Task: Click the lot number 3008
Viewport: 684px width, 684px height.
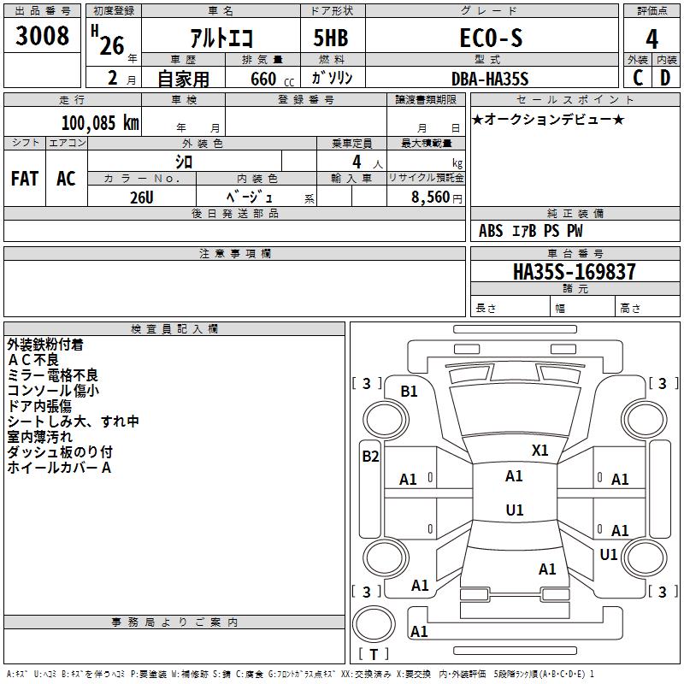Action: [x=42, y=35]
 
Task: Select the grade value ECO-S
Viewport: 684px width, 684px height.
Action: [x=491, y=38]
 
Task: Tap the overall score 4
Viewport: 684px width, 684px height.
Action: [x=652, y=39]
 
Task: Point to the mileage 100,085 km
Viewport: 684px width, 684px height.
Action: [x=100, y=123]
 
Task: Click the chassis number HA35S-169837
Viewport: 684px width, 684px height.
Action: [x=575, y=271]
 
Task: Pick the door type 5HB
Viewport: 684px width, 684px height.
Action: [x=331, y=38]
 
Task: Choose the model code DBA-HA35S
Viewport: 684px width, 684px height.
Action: [x=490, y=79]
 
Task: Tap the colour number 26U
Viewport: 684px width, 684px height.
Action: [x=142, y=198]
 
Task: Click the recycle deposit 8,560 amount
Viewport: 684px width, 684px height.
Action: [x=430, y=198]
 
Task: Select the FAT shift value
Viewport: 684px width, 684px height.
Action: [x=25, y=179]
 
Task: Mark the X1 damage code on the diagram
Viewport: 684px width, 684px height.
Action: [x=540, y=451]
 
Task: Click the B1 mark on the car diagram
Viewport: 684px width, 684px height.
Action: [x=409, y=392]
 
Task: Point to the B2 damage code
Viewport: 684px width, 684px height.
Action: [x=370, y=457]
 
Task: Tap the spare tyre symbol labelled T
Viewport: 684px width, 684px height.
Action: [x=374, y=654]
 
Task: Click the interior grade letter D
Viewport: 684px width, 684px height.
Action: [x=665, y=78]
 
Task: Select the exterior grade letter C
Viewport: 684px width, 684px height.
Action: [x=638, y=78]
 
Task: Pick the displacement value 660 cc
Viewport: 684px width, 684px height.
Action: [x=273, y=80]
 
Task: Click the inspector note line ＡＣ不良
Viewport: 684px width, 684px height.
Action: [x=33, y=360]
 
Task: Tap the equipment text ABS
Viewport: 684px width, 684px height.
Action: [x=491, y=231]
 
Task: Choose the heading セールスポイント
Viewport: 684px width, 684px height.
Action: [x=575, y=100]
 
